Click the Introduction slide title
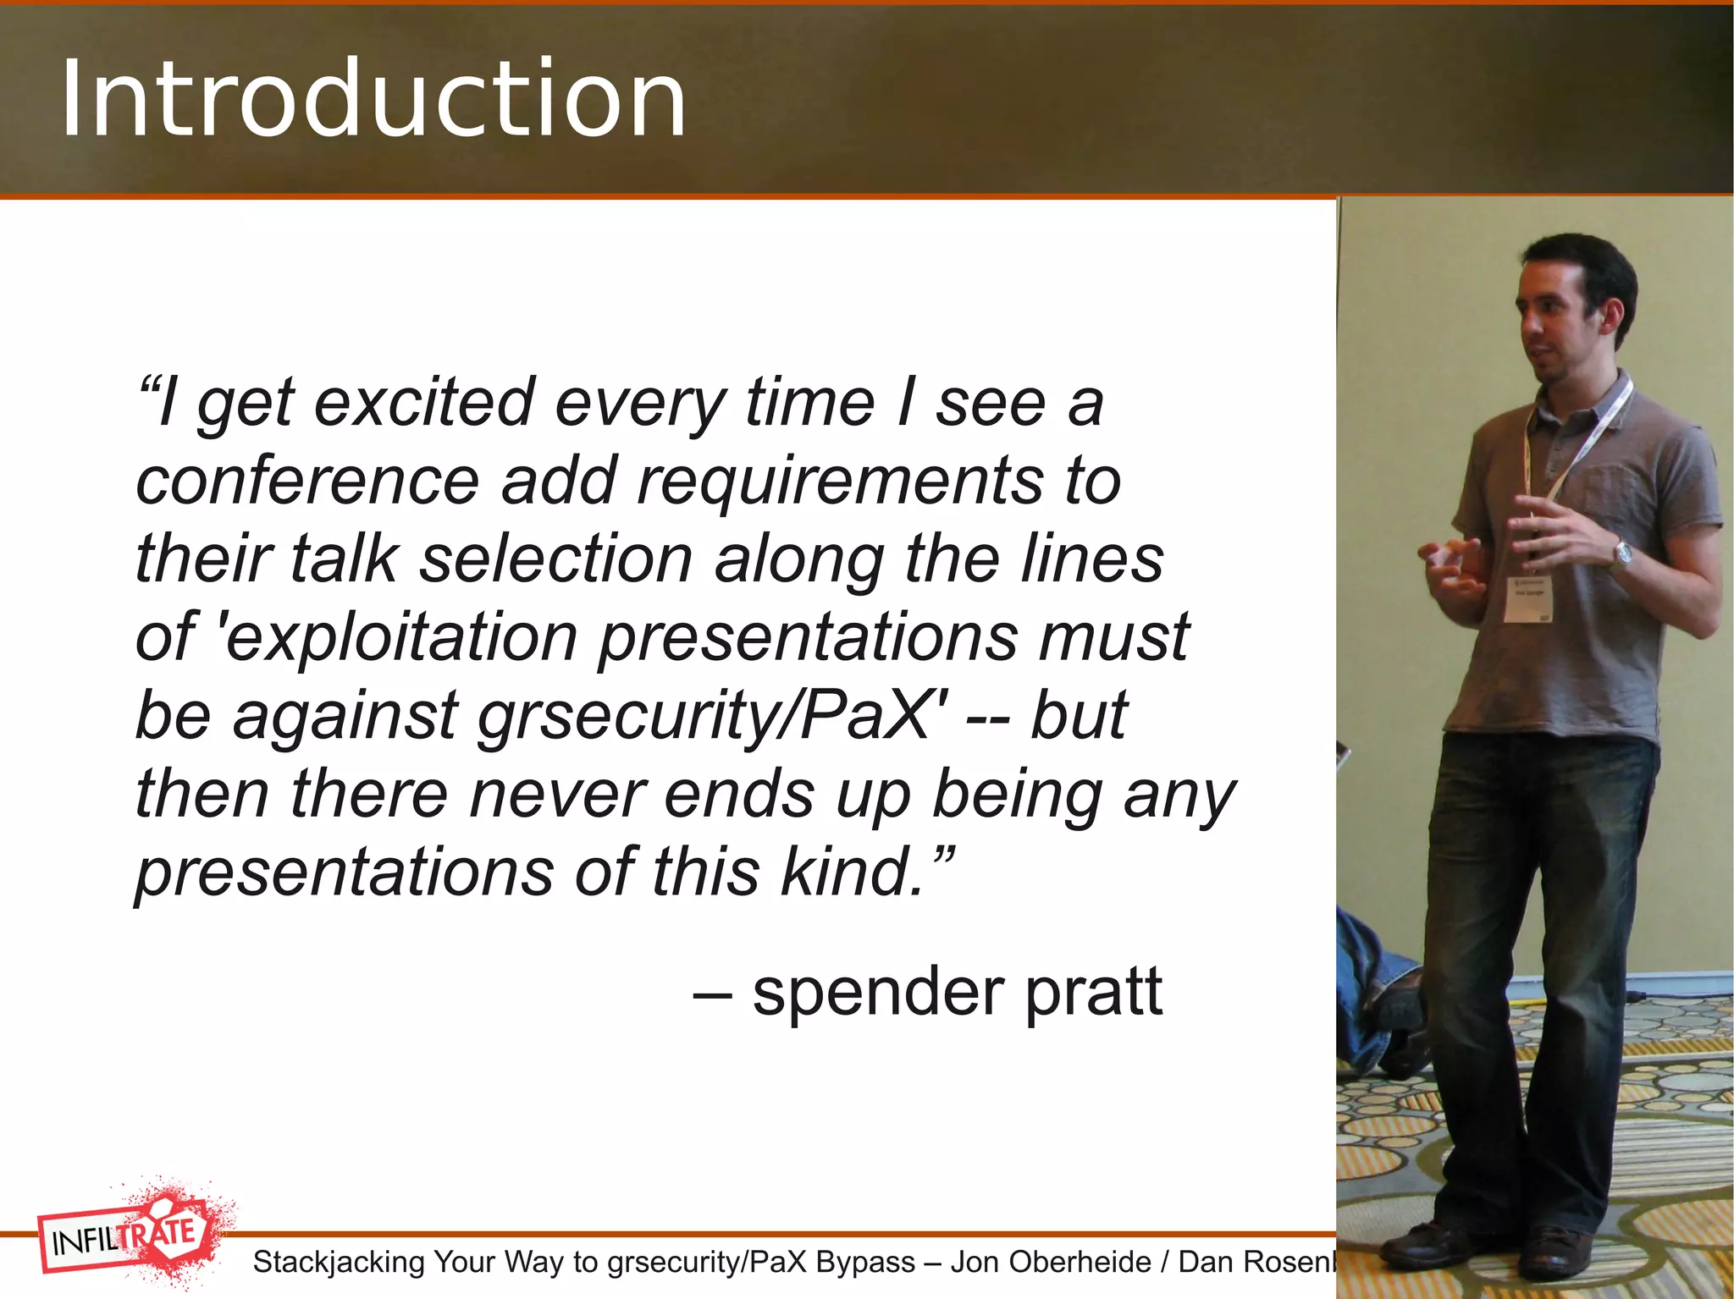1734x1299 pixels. click(x=373, y=99)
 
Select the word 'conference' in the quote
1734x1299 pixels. click(x=307, y=481)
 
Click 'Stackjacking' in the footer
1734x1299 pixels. click(x=339, y=1262)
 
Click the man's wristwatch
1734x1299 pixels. click(x=1622, y=554)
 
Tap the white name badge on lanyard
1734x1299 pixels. click(x=1529, y=599)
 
